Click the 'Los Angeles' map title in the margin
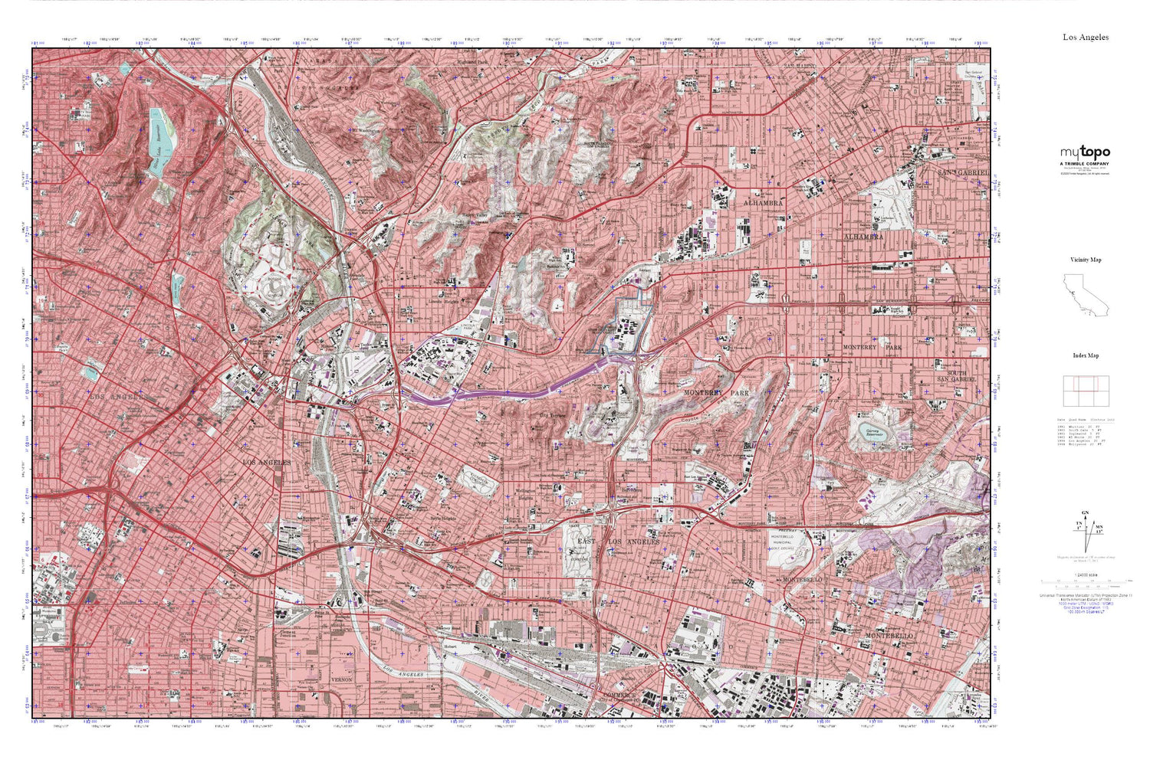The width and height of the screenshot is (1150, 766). [x=1085, y=37]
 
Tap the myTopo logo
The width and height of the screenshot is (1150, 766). [x=1085, y=153]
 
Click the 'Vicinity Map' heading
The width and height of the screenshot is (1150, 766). [x=1086, y=260]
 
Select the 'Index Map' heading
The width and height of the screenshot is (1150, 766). [x=1086, y=355]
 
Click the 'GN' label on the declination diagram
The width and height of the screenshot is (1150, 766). [x=1084, y=512]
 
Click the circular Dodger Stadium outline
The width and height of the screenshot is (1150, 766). [x=274, y=289]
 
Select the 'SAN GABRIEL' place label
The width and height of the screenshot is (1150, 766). [x=964, y=173]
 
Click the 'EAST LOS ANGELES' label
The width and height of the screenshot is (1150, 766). [x=618, y=542]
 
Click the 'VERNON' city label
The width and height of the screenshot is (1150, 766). [x=340, y=679]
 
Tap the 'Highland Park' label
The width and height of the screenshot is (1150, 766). [x=472, y=62]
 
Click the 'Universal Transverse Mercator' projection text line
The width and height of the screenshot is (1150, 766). [x=1085, y=595]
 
